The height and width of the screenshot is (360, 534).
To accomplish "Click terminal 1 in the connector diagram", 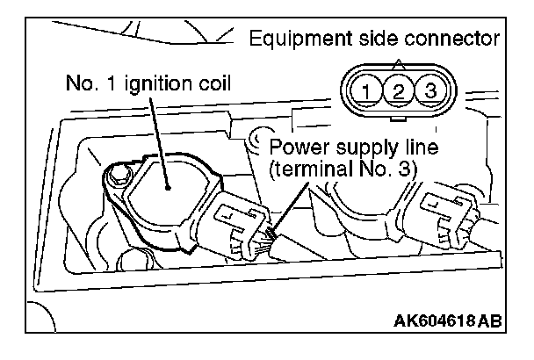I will point(364,89).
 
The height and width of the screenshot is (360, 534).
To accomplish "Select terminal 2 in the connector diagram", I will point(397,89).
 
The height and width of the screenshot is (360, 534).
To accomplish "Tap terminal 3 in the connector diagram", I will point(429,89).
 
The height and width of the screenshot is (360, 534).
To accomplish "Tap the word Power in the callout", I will point(296,145).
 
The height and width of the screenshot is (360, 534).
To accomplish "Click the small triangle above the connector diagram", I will point(397,62).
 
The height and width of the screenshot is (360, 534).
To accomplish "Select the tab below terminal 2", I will point(397,112).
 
